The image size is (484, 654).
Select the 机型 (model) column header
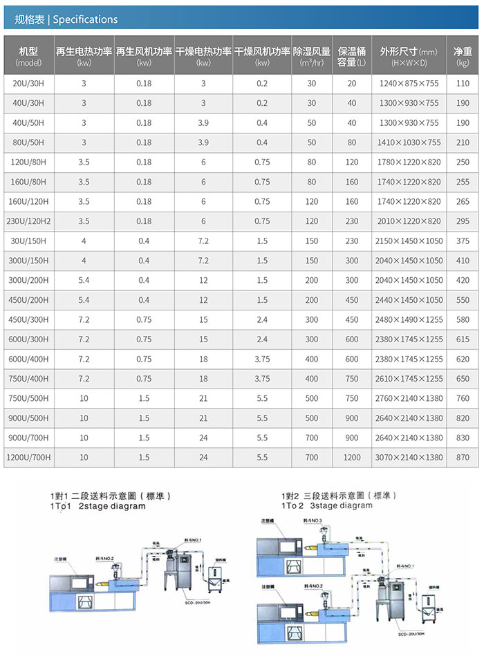28,57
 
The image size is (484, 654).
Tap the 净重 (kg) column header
463,57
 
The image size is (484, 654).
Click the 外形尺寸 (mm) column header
409,57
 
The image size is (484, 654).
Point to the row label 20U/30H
28,84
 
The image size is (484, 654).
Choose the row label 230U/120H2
28,221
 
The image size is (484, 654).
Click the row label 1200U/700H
28,458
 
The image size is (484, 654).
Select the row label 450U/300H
28,319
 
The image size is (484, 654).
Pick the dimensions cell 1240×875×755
409,84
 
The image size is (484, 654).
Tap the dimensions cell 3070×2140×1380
409,458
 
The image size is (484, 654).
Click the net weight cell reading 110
463,84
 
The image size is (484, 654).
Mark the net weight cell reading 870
463,458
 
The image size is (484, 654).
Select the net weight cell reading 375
463,241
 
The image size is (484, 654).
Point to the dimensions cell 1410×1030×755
409,142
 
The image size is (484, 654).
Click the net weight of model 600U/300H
463,339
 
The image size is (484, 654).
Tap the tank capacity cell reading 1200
352,458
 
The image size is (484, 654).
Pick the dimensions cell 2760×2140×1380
409,398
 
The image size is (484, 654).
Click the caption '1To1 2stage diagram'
97,506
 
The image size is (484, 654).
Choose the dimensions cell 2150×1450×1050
409,241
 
